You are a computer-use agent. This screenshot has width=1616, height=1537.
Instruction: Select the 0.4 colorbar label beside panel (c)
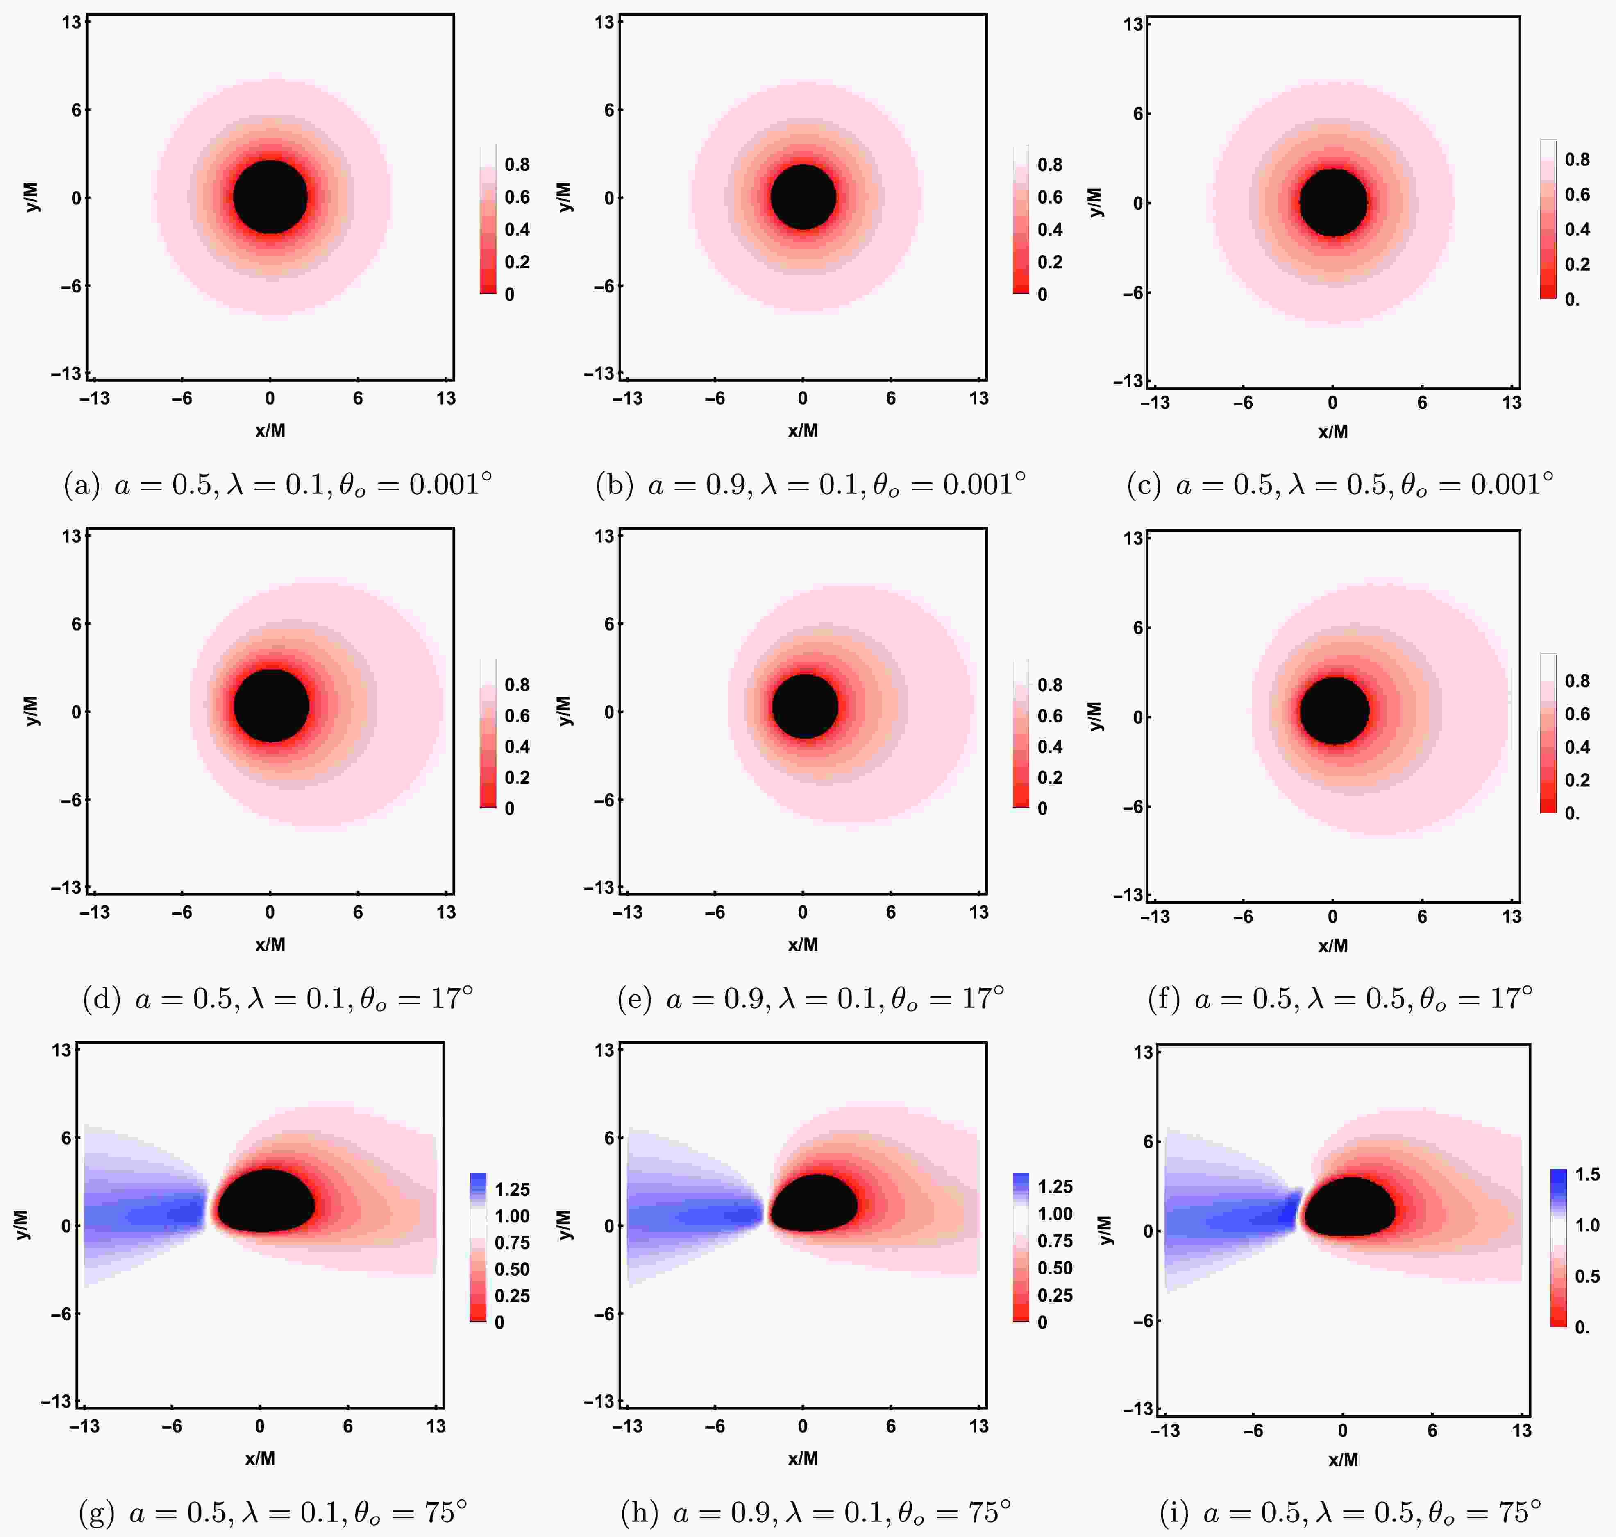coord(1577,229)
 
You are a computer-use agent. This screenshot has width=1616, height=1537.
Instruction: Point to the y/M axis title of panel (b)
coord(564,197)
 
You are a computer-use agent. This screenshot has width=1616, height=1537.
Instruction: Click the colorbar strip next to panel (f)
coord(1547,733)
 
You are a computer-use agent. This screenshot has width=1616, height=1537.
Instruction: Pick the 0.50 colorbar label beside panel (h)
coord(1055,1268)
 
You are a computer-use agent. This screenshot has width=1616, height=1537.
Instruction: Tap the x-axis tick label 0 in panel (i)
coord(1342,1431)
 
